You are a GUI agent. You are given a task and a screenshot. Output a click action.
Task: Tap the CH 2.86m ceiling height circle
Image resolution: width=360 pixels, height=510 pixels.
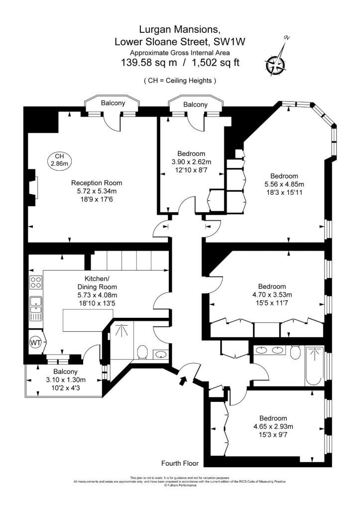[60, 159]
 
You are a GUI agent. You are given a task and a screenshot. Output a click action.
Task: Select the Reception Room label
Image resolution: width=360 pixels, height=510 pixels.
[96, 183]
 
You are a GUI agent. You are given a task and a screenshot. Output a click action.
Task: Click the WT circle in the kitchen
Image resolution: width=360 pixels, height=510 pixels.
[35, 343]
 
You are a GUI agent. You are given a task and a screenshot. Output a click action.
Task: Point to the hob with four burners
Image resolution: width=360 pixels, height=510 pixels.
[36, 282]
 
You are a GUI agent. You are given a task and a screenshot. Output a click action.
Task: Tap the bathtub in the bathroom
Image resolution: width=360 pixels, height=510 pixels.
[314, 366]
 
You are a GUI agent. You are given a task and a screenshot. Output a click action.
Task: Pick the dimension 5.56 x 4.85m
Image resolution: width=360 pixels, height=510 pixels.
[284, 184]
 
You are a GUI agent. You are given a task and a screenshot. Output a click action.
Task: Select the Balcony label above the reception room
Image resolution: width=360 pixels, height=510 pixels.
[113, 103]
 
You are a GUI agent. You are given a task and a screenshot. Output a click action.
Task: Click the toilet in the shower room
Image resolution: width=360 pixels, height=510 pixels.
[141, 352]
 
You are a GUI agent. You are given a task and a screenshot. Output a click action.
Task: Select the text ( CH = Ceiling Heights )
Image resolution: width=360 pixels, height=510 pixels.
[180, 80]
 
